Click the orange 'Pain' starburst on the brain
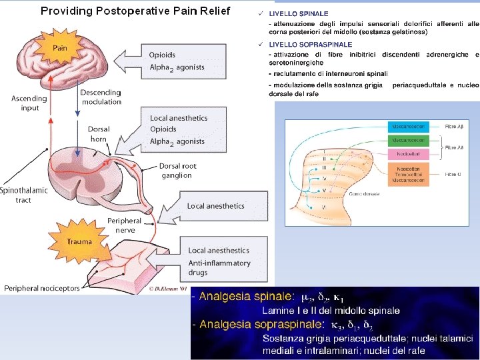coord(60,47)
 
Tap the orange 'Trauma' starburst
coord(79,241)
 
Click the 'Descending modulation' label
coord(101,97)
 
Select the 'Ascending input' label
coord(29,103)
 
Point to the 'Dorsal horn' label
coord(98,134)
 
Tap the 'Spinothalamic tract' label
coord(24,195)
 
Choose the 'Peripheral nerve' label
coord(124,225)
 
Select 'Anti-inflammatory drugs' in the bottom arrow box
coord(219,267)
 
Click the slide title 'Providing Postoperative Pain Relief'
coord(135,11)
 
